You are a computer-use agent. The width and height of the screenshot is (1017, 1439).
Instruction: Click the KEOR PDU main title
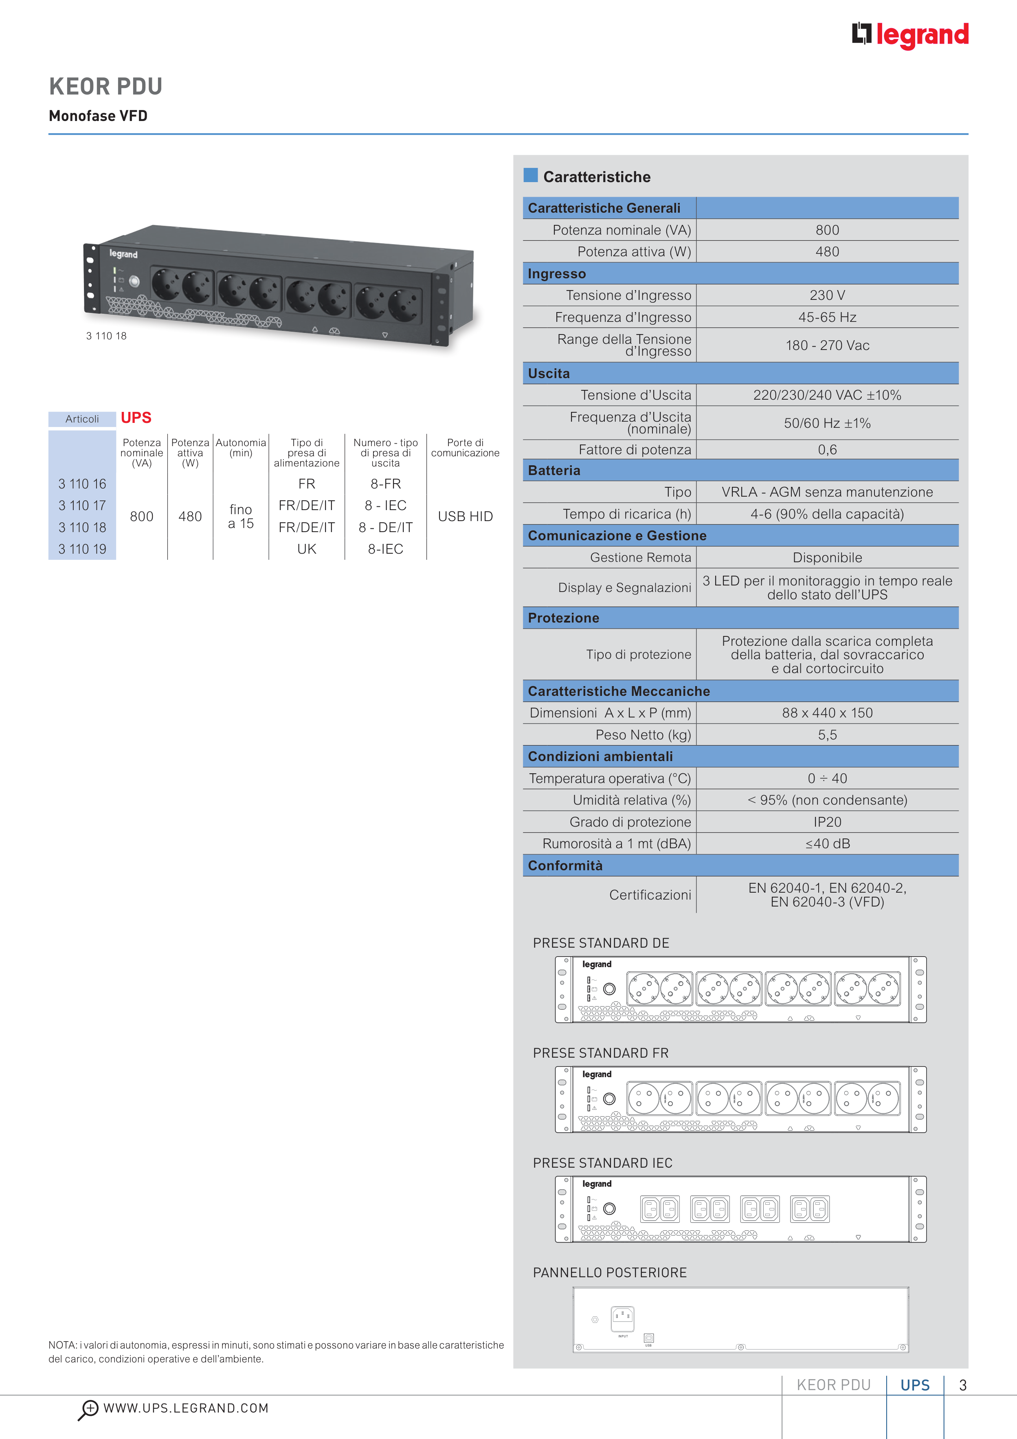106,86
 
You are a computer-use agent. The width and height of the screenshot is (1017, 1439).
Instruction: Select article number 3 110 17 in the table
82,505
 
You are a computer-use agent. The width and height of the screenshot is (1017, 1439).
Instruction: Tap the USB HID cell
465,517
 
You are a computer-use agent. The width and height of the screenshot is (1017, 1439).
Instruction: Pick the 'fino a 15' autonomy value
241,517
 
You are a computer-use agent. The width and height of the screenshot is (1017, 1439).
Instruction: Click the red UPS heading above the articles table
136,418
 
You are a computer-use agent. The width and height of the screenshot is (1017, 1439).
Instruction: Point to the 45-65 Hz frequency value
827,317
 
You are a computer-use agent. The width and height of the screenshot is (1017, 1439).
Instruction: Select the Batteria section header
554,471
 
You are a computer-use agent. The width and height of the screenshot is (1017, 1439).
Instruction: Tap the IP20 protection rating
827,822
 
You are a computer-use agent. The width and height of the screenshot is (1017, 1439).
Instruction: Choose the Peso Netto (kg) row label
643,735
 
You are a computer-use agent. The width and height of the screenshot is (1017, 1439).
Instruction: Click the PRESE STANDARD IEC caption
602,1163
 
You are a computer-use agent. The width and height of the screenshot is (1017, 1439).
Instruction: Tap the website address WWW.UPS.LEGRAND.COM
186,1408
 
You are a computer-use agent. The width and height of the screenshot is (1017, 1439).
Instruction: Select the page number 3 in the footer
962,1385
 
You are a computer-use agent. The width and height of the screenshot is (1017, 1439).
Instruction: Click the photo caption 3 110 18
107,336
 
